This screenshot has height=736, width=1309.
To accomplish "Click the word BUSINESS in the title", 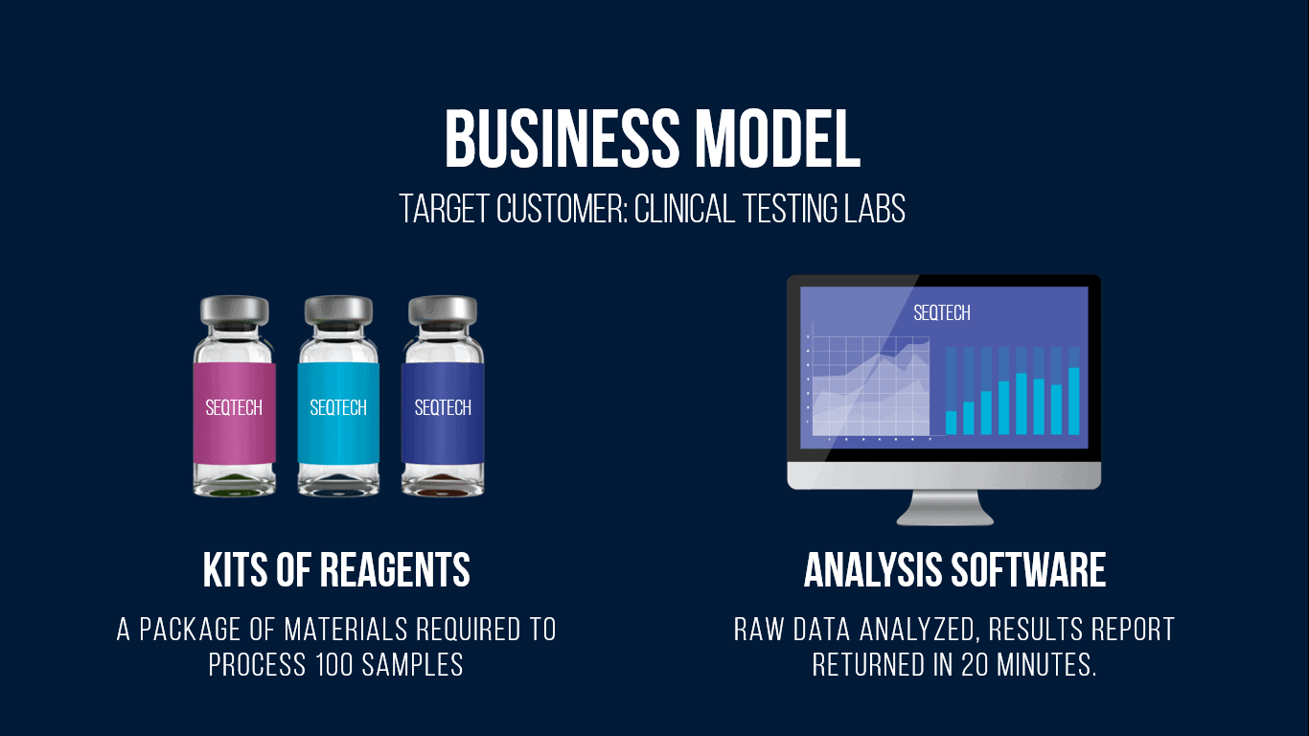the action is [x=563, y=139].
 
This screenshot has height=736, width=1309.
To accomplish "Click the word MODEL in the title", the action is [x=778, y=139].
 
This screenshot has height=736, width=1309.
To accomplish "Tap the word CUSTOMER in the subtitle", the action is [x=562, y=209].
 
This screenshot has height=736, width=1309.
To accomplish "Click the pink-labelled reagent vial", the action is [x=235, y=397].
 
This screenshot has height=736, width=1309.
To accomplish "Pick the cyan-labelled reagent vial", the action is [x=338, y=397].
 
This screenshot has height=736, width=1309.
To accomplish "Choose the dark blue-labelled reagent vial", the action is [x=443, y=397].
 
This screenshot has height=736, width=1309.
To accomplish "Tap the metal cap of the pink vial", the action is [x=235, y=310].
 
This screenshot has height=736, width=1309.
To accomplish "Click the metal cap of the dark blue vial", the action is [x=443, y=310].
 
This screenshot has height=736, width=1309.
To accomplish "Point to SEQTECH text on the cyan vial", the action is [x=338, y=407].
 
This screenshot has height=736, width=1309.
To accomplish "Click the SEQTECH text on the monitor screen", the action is [x=941, y=313].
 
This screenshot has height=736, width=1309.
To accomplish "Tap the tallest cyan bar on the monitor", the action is [x=1074, y=401].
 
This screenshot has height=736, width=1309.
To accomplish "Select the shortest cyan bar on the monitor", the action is [x=952, y=423].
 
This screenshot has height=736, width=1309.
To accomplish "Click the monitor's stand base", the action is [x=944, y=508].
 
